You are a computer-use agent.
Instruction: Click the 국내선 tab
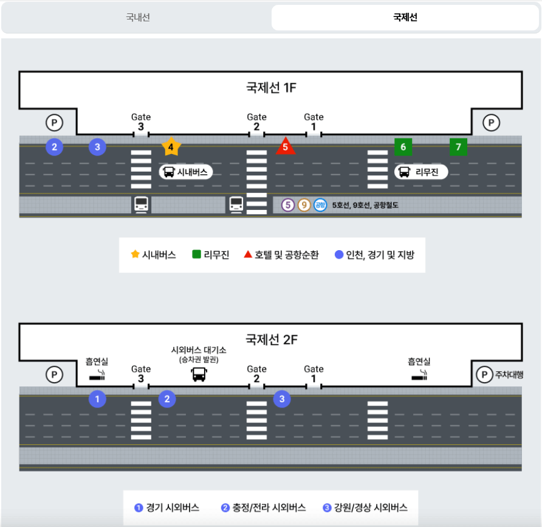point(138,18)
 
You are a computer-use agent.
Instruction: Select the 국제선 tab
point(405,18)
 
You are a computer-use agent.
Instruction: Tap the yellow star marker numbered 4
point(171,147)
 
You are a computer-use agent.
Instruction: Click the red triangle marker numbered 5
point(285,147)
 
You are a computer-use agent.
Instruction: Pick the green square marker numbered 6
point(403,147)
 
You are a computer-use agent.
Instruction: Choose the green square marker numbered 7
point(459,147)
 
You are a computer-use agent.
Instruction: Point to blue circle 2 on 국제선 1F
point(55,147)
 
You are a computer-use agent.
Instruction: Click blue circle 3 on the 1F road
point(98,147)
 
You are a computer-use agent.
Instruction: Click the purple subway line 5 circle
point(288,205)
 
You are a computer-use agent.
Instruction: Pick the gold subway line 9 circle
point(304,205)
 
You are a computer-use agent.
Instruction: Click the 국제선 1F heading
point(271,88)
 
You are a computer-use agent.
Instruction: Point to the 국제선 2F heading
point(271,340)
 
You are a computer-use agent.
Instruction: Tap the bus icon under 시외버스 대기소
point(199,374)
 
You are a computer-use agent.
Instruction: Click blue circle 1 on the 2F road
point(97,399)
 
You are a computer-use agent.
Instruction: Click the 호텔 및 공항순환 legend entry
point(281,255)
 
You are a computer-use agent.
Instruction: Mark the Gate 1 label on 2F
point(314,369)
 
